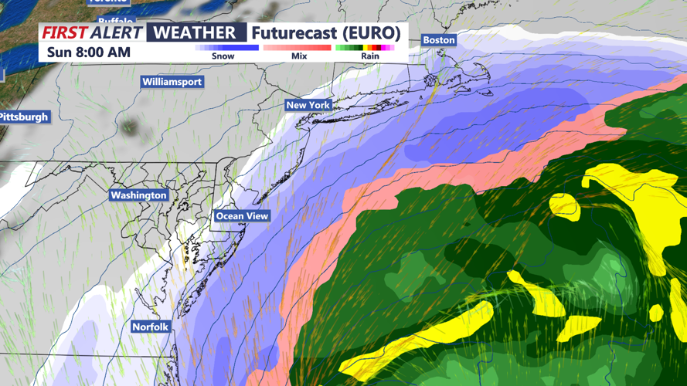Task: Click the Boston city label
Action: pos(438,40)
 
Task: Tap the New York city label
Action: pos(308,105)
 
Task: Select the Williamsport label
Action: pos(172,82)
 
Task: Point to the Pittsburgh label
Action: pos(24,117)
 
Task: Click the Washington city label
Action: pos(138,195)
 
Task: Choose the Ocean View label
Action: pos(241,216)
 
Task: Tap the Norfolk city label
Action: pos(150,327)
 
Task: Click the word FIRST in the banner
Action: pos(63,32)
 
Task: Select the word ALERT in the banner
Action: pos(116,32)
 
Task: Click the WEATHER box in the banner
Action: pos(196,32)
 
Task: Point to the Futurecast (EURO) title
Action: pos(325,32)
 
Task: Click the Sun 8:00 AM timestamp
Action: pos(88,52)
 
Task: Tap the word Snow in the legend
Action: pos(223,56)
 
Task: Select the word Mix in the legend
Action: pos(298,56)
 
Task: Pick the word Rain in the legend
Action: pos(369,56)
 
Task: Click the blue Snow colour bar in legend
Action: pos(226,48)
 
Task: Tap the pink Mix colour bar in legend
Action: pos(298,48)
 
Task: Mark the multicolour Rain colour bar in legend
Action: pos(365,48)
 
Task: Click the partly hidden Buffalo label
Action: pos(116,21)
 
